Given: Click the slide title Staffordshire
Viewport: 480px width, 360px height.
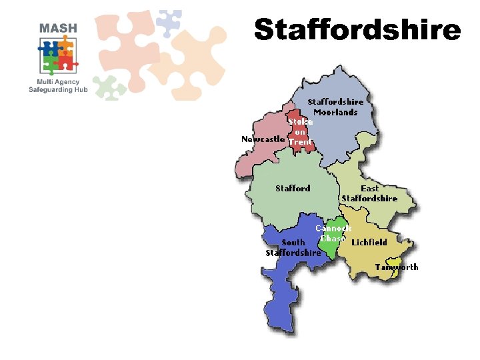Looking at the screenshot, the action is (x=357, y=29).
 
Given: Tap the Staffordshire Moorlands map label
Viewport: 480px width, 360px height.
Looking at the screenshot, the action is (x=335, y=107).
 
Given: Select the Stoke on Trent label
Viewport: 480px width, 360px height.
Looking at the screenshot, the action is (x=301, y=132).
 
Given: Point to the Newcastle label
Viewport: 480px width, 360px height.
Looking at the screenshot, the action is (x=263, y=139).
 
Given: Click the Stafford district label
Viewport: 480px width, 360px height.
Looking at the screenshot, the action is (x=293, y=189).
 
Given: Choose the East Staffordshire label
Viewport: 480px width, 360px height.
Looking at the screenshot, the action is (x=369, y=193).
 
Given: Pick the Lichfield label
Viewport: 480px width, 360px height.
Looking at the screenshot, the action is (x=369, y=242).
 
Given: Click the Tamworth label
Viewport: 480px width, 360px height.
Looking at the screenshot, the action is (x=397, y=267).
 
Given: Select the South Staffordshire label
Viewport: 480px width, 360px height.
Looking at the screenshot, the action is (x=293, y=247).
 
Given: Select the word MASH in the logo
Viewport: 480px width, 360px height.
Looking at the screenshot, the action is (x=58, y=28).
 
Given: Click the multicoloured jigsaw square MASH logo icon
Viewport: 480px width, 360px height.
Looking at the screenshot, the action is (x=57, y=55).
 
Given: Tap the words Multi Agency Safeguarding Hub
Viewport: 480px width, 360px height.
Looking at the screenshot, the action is (x=59, y=85).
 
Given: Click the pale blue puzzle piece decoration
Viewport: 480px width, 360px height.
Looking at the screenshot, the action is (x=168, y=21).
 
